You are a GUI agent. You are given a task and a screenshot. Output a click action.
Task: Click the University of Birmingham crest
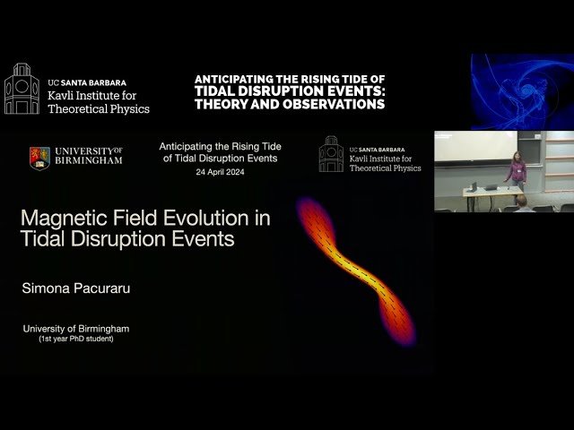[x=39, y=158]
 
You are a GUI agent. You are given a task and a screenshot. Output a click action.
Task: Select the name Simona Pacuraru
[x=74, y=289]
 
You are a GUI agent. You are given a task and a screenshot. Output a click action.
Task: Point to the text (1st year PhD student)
[x=76, y=340]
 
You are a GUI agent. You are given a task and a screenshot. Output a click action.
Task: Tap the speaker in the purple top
[x=517, y=169]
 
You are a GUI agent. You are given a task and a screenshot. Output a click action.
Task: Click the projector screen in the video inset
[x=475, y=146]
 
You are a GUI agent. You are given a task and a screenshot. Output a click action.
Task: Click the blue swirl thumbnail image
[x=521, y=91]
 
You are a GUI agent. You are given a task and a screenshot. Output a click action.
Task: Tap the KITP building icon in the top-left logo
[x=22, y=89]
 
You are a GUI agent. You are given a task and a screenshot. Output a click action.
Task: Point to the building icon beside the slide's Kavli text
[x=331, y=154]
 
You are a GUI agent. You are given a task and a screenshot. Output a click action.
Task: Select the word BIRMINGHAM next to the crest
[x=89, y=161]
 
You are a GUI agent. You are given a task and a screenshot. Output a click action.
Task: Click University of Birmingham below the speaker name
[x=76, y=329]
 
